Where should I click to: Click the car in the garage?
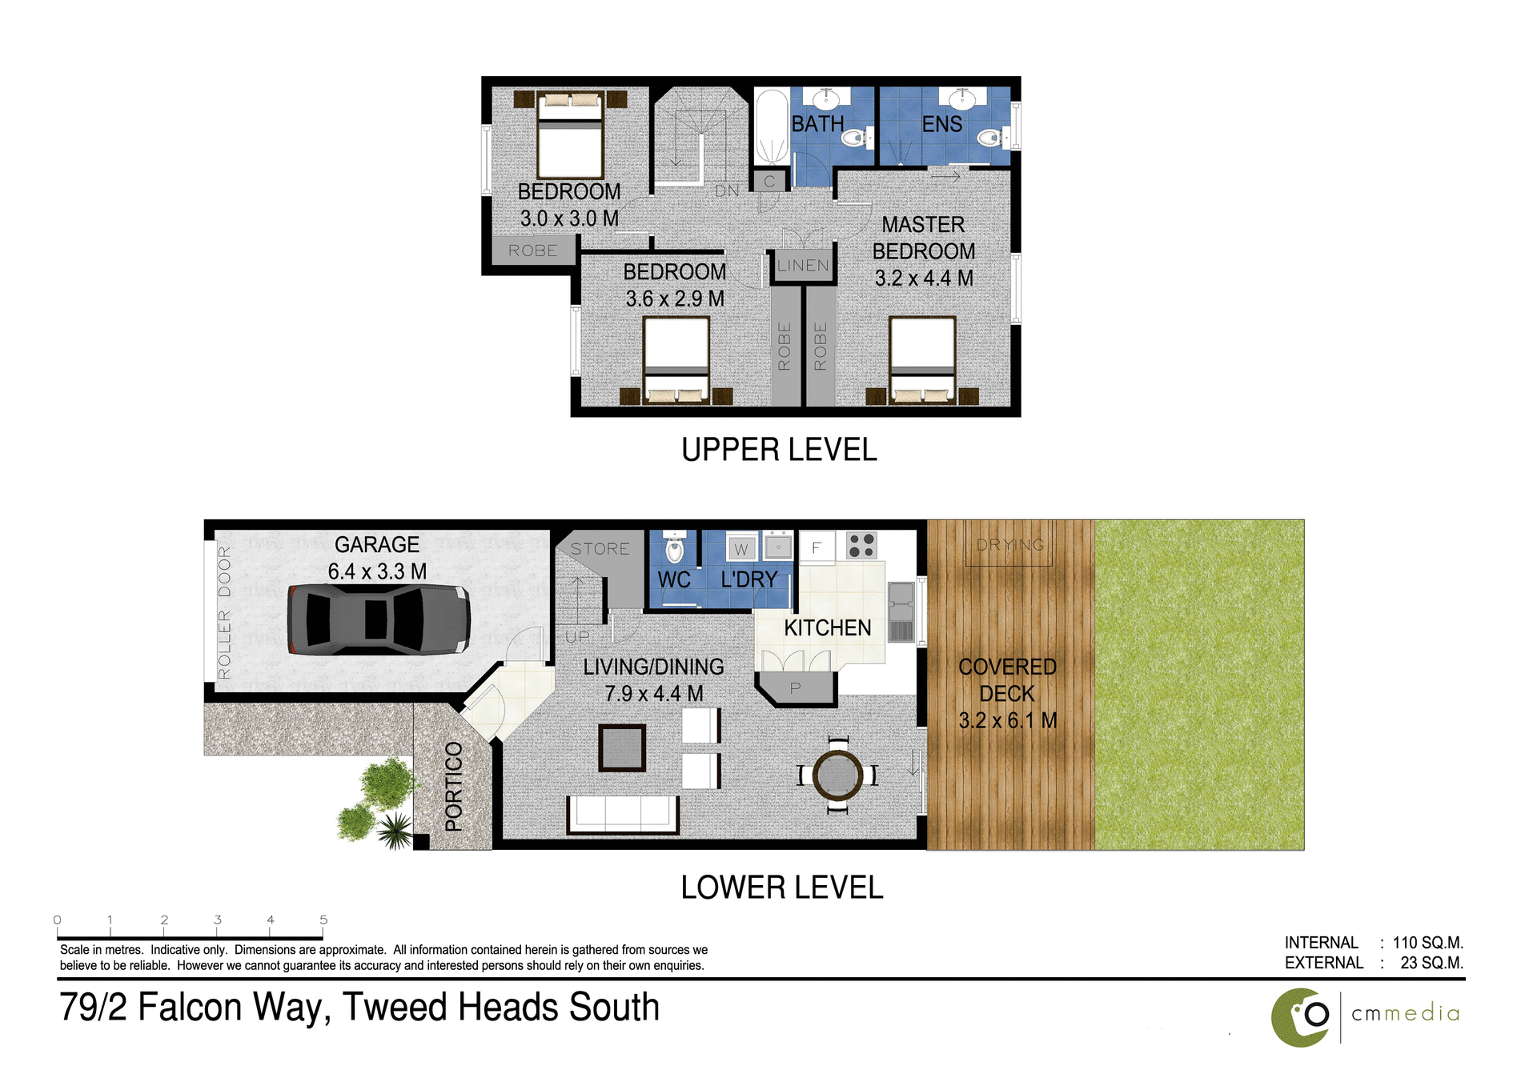click(378, 619)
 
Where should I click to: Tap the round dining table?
click(837, 775)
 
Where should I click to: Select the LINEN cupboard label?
click(802, 266)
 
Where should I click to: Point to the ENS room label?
click(941, 125)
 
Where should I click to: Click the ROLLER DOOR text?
click(224, 612)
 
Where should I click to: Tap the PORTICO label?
click(454, 786)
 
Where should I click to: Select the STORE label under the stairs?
click(600, 549)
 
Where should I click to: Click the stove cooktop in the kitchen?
click(861, 546)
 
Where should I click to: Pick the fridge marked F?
click(817, 547)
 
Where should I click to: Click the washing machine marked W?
click(741, 549)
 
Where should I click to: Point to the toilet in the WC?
click(675, 549)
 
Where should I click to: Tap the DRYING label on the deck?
click(1010, 545)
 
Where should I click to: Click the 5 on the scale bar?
click(323, 920)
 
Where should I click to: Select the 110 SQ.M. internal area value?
click(1427, 943)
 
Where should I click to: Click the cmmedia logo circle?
click(1301, 1017)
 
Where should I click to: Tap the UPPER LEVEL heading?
click(779, 450)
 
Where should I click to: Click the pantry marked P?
click(795, 688)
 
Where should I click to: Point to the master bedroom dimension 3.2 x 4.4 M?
click(924, 279)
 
